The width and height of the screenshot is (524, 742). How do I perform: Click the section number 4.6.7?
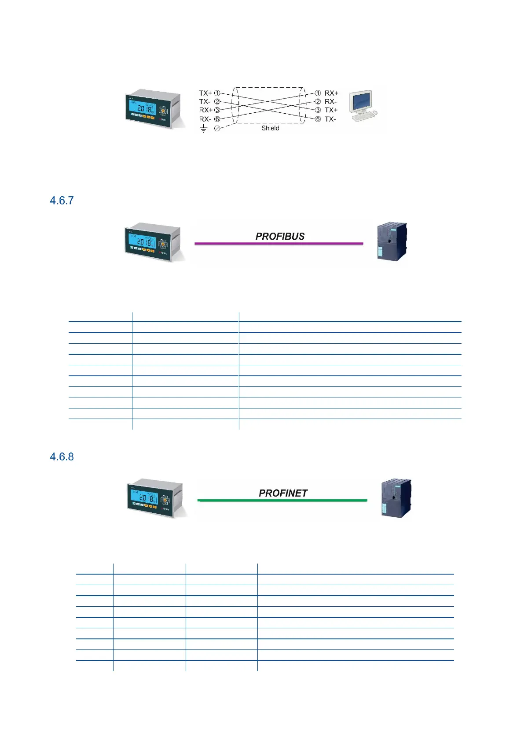tap(62, 200)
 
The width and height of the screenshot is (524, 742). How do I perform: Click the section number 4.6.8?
tap(62, 456)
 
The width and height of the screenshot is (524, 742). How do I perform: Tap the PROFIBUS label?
tap(280, 236)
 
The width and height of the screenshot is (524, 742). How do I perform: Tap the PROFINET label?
tap(283, 493)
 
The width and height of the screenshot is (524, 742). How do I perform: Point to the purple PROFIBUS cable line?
tap(279, 243)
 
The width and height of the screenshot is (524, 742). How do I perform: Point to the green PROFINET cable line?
tap(282, 501)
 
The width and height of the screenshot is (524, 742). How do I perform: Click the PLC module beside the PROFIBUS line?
tap(392, 241)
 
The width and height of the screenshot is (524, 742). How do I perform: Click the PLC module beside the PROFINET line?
tap(396, 498)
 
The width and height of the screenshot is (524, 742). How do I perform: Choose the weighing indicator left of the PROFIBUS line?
tap(153, 242)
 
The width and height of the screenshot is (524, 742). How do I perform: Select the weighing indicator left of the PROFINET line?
tap(155, 498)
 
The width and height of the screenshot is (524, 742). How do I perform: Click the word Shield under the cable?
tap(270, 128)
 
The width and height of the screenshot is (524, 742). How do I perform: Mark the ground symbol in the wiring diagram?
tap(203, 128)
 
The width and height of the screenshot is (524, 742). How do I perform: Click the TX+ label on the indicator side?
tap(205, 93)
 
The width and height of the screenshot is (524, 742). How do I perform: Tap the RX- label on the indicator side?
tap(205, 119)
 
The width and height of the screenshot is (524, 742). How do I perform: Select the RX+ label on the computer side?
tap(331, 93)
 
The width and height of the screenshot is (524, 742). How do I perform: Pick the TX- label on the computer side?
tap(330, 119)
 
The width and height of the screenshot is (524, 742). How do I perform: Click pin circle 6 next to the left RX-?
tap(217, 119)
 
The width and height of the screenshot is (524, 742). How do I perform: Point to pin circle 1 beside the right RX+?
tap(318, 93)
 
